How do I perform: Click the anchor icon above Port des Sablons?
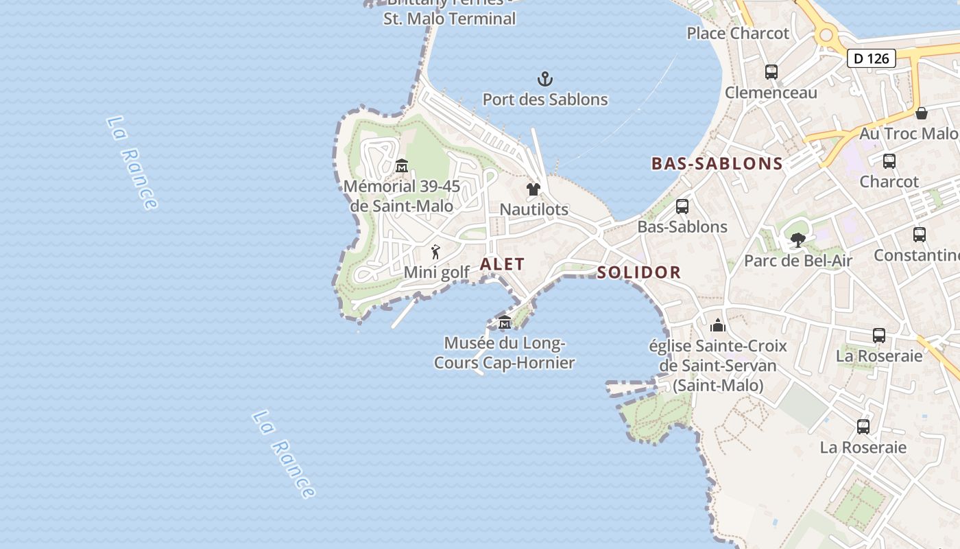[x=545, y=79]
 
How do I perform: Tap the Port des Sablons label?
[x=545, y=100]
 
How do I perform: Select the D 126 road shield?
[x=872, y=58]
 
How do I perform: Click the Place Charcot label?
[x=738, y=33]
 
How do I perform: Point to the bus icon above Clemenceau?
[x=771, y=71]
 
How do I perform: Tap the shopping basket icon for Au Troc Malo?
[x=922, y=113]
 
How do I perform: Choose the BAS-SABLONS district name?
[x=717, y=163]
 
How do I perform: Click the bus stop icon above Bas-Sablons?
[x=682, y=206]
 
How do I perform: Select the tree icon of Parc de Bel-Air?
[x=797, y=240]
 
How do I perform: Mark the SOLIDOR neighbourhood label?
[x=639, y=272]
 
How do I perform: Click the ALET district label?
[x=503, y=264]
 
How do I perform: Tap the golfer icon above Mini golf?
[x=435, y=252]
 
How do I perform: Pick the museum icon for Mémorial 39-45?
[x=402, y=165]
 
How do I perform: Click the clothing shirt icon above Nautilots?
[x=533, y=189]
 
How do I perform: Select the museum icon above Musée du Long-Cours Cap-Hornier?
[x=505, y=323]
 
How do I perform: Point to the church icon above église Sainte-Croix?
[x=718, y=325]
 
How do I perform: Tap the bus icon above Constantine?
[x=920, y=234]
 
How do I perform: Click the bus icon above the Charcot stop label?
[x=889, y=161]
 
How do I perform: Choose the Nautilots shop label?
[x=534, y=209]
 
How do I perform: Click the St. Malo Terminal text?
[x=450, y=19]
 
